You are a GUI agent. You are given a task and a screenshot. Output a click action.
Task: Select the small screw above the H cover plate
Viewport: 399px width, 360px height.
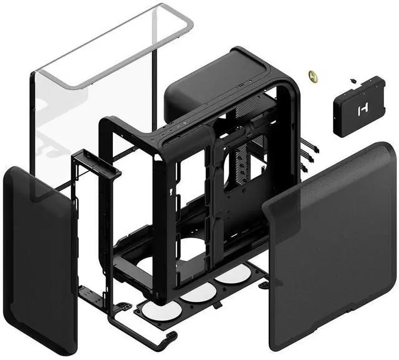[353, 80]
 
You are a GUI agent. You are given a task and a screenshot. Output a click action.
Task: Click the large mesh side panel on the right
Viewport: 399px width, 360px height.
[330, 250]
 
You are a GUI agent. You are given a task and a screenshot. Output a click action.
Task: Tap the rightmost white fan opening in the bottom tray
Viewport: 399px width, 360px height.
[234, 274]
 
